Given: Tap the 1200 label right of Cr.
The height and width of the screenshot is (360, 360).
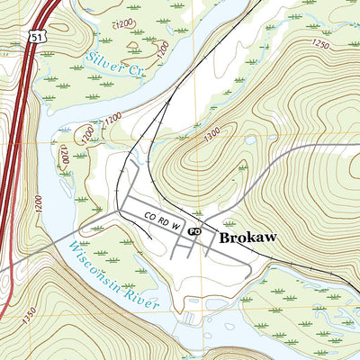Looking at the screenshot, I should click(162, 52).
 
